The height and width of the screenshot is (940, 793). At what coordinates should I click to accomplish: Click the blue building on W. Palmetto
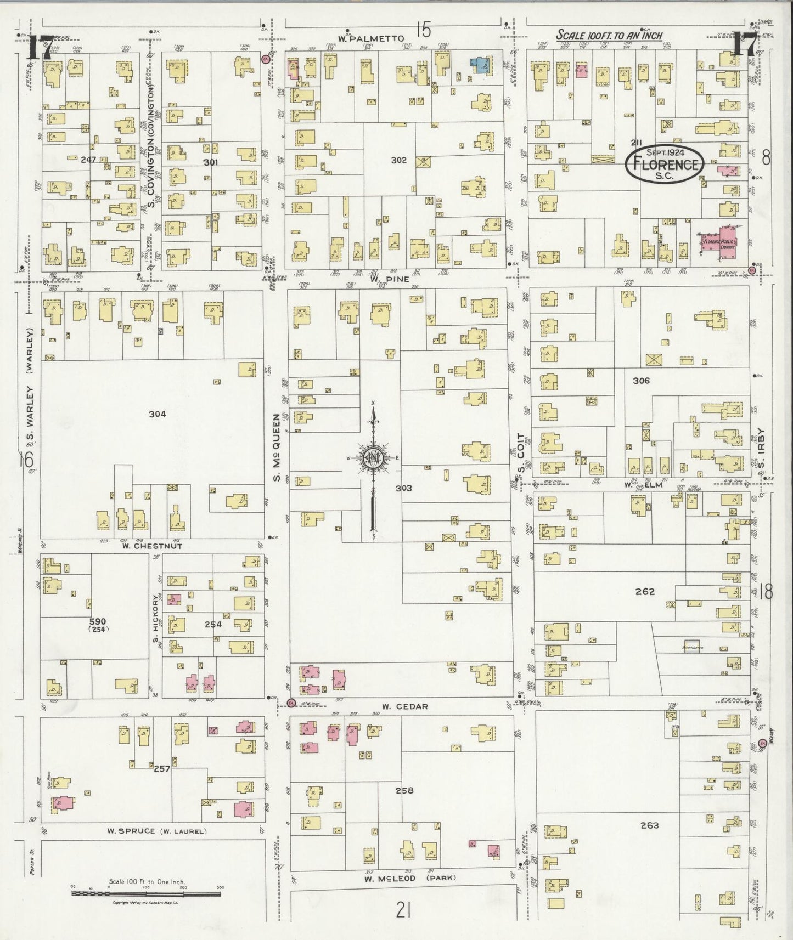[x=480, y=65]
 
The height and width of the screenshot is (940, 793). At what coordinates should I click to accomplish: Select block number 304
[x=157, y=414]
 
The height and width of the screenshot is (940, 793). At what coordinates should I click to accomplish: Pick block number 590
[x=98, y=621]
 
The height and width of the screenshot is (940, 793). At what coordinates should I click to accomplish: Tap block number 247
[x=88, y=160]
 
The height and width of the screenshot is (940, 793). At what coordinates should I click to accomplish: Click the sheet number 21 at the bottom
[x=403, y=911]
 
